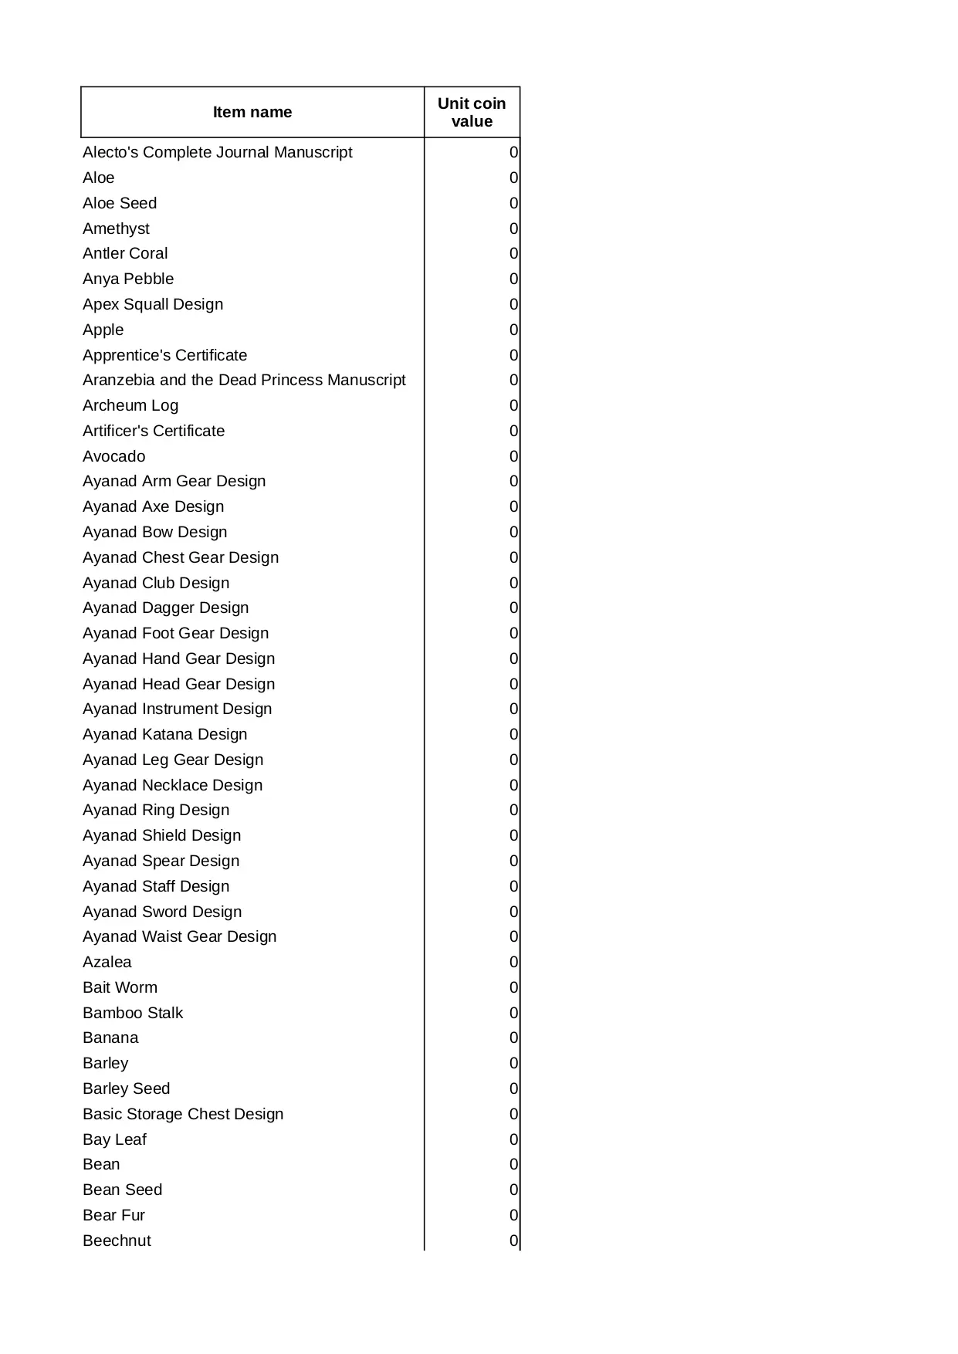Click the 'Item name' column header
[x=252, y=112]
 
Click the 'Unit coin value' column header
[x=472, y=112]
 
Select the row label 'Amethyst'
[x=116, y=228]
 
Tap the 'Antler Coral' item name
[x=125, y=253]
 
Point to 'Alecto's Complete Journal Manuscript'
[x=217, y=152]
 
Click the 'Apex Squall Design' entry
[x=153, y=304]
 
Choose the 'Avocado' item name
[x=113, y=456]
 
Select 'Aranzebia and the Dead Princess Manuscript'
[x=244, y=380]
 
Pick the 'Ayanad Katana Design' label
[x=165, y=734]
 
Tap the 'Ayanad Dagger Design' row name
[x=166, y=608]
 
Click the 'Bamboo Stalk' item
[x=133, y=1013]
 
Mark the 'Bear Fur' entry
[x=113, y=1215]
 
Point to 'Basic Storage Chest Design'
[x=183, y=1114]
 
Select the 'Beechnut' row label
[x=117, y=1241]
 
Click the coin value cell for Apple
[x=513, y=330]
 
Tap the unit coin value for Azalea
[x=513, y=962]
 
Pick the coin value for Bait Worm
[x=513, y=987]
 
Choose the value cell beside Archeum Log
[x=513, y=405]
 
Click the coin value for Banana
[x=513, y=1038]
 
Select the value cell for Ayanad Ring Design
[x=513, y=810]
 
